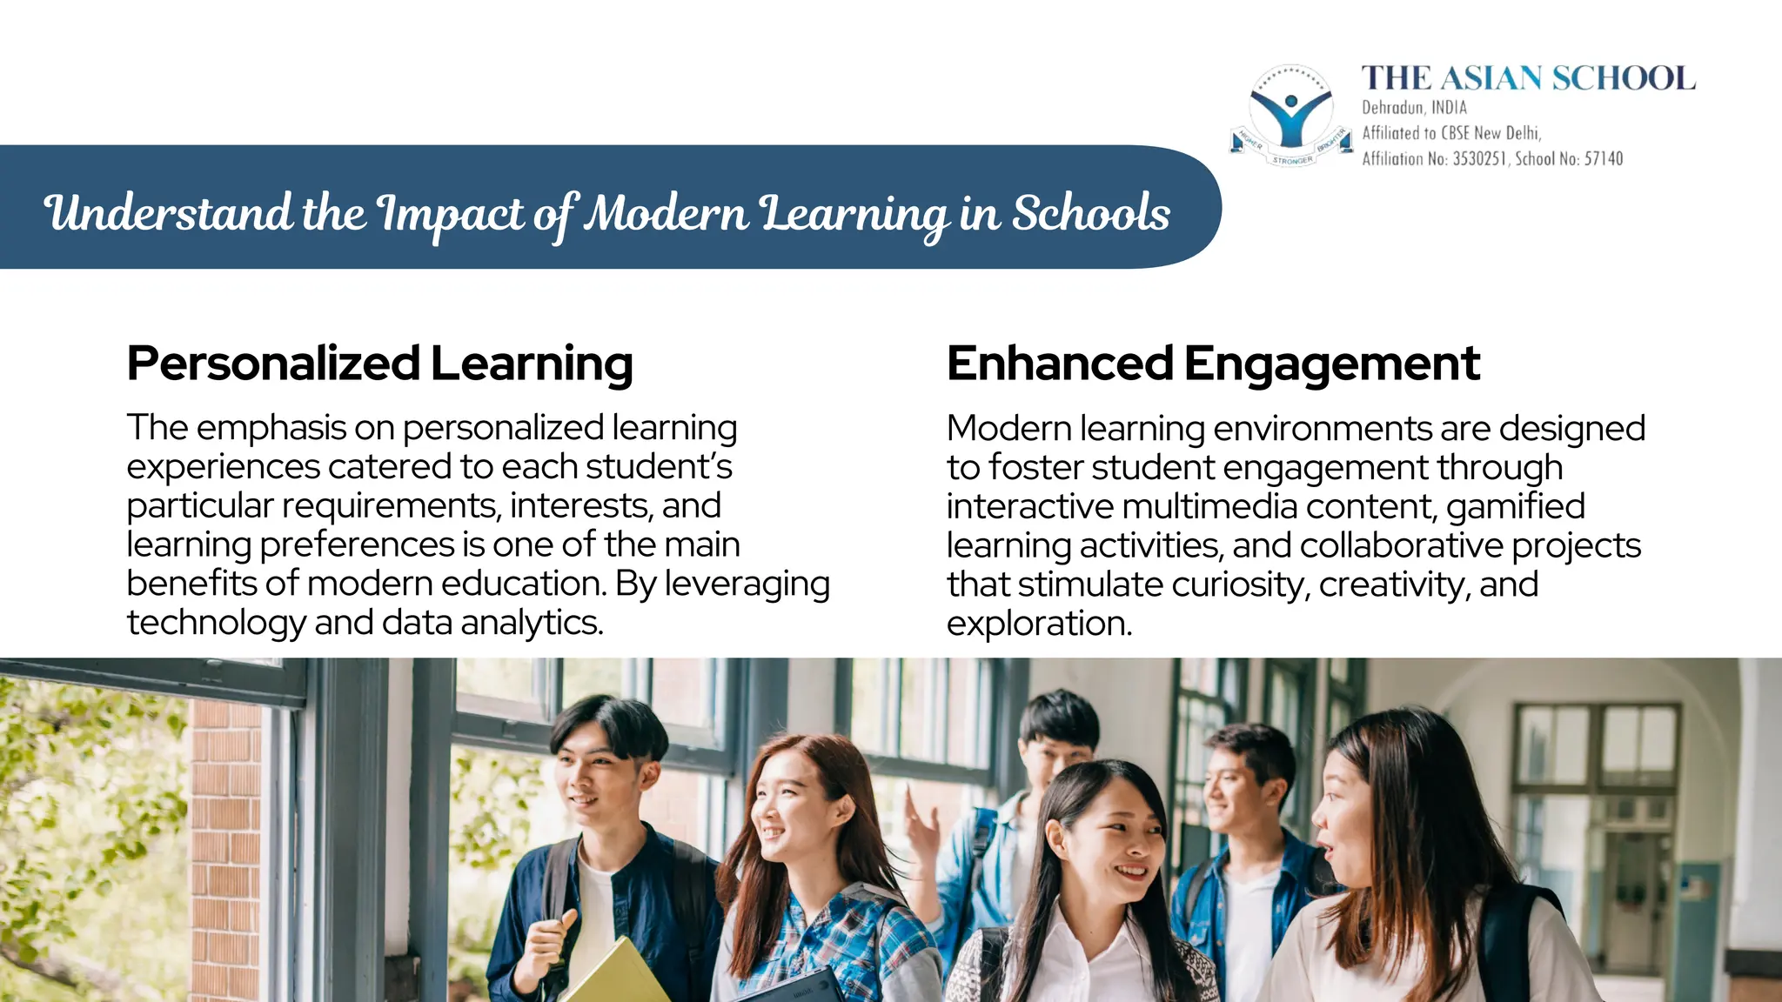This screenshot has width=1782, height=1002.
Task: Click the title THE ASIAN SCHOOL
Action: (1528, 78)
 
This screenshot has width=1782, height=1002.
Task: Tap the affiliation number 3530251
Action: (1478, 158)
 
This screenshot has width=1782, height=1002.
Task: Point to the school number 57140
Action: (1604, 158)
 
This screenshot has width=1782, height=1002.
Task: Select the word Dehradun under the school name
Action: (1393, 108)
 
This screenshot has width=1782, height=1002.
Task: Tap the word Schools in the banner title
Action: (1091, 213)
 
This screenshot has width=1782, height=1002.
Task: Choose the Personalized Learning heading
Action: (379, 364)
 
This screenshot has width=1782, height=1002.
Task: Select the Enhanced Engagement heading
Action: (1213, 364)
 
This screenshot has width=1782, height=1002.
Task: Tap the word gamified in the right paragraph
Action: (1516, 506)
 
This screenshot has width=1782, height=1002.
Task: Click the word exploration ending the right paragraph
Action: (1039, 624)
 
